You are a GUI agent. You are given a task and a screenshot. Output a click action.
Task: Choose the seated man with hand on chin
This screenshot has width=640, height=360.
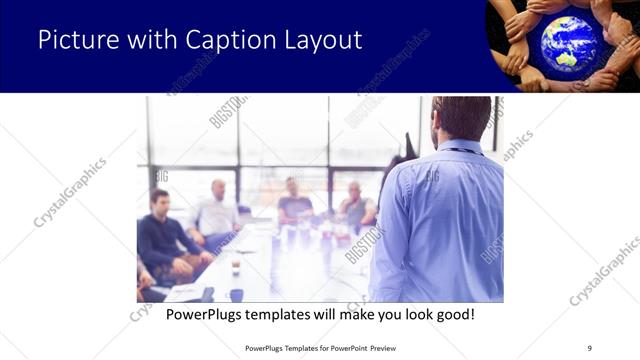tap(356, 206)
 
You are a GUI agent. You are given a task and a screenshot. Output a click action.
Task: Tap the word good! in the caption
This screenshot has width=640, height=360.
tap(452, 314)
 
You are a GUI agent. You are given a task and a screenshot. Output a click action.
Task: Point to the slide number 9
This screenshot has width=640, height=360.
tap(590, 348)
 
